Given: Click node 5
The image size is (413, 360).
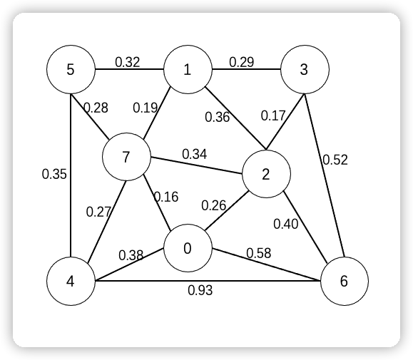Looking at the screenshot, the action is click(71, 69).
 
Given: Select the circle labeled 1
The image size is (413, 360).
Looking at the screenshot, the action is click(188, 69).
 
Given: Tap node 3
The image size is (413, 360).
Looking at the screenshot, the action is click(305, 69).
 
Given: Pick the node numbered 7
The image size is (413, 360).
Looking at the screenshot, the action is click(126, 157).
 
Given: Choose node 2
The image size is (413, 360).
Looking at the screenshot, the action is click(266, 174).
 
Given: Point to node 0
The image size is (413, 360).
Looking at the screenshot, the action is click(188, 248).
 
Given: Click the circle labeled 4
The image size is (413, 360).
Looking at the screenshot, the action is click(71, 281).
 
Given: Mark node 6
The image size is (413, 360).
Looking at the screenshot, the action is click(344, 281).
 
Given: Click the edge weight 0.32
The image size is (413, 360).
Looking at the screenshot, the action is click(128, 62).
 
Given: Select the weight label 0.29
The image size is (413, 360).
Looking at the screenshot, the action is click(242, 62).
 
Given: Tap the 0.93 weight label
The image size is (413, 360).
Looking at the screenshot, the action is click(200, 290).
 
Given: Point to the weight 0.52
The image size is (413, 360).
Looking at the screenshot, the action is click(335, 160).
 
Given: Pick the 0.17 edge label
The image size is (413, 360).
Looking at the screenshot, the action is click(273, 115).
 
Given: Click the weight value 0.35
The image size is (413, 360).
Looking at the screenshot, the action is click(54, 174).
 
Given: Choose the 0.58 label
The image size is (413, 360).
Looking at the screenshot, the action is click(259, 253).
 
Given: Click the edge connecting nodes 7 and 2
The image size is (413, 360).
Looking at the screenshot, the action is click(196, 165).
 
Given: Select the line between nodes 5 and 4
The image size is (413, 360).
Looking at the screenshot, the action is click(71, 175).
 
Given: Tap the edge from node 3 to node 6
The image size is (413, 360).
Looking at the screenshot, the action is click(325, 175).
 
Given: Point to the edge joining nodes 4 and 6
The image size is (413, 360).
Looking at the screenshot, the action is click(208, 281).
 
